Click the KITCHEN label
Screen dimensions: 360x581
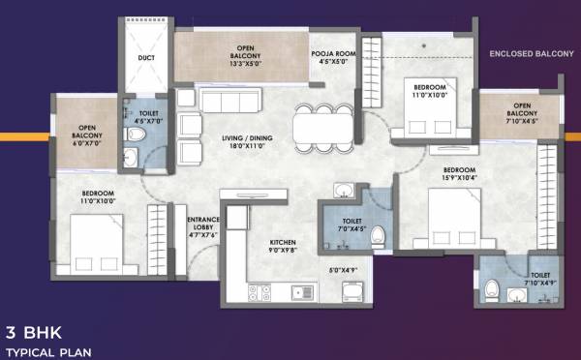[284, 243]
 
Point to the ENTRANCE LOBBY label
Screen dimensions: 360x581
[203, 223]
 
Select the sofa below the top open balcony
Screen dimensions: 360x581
[232, 100]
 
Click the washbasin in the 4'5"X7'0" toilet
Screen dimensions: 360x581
[133, 158]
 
